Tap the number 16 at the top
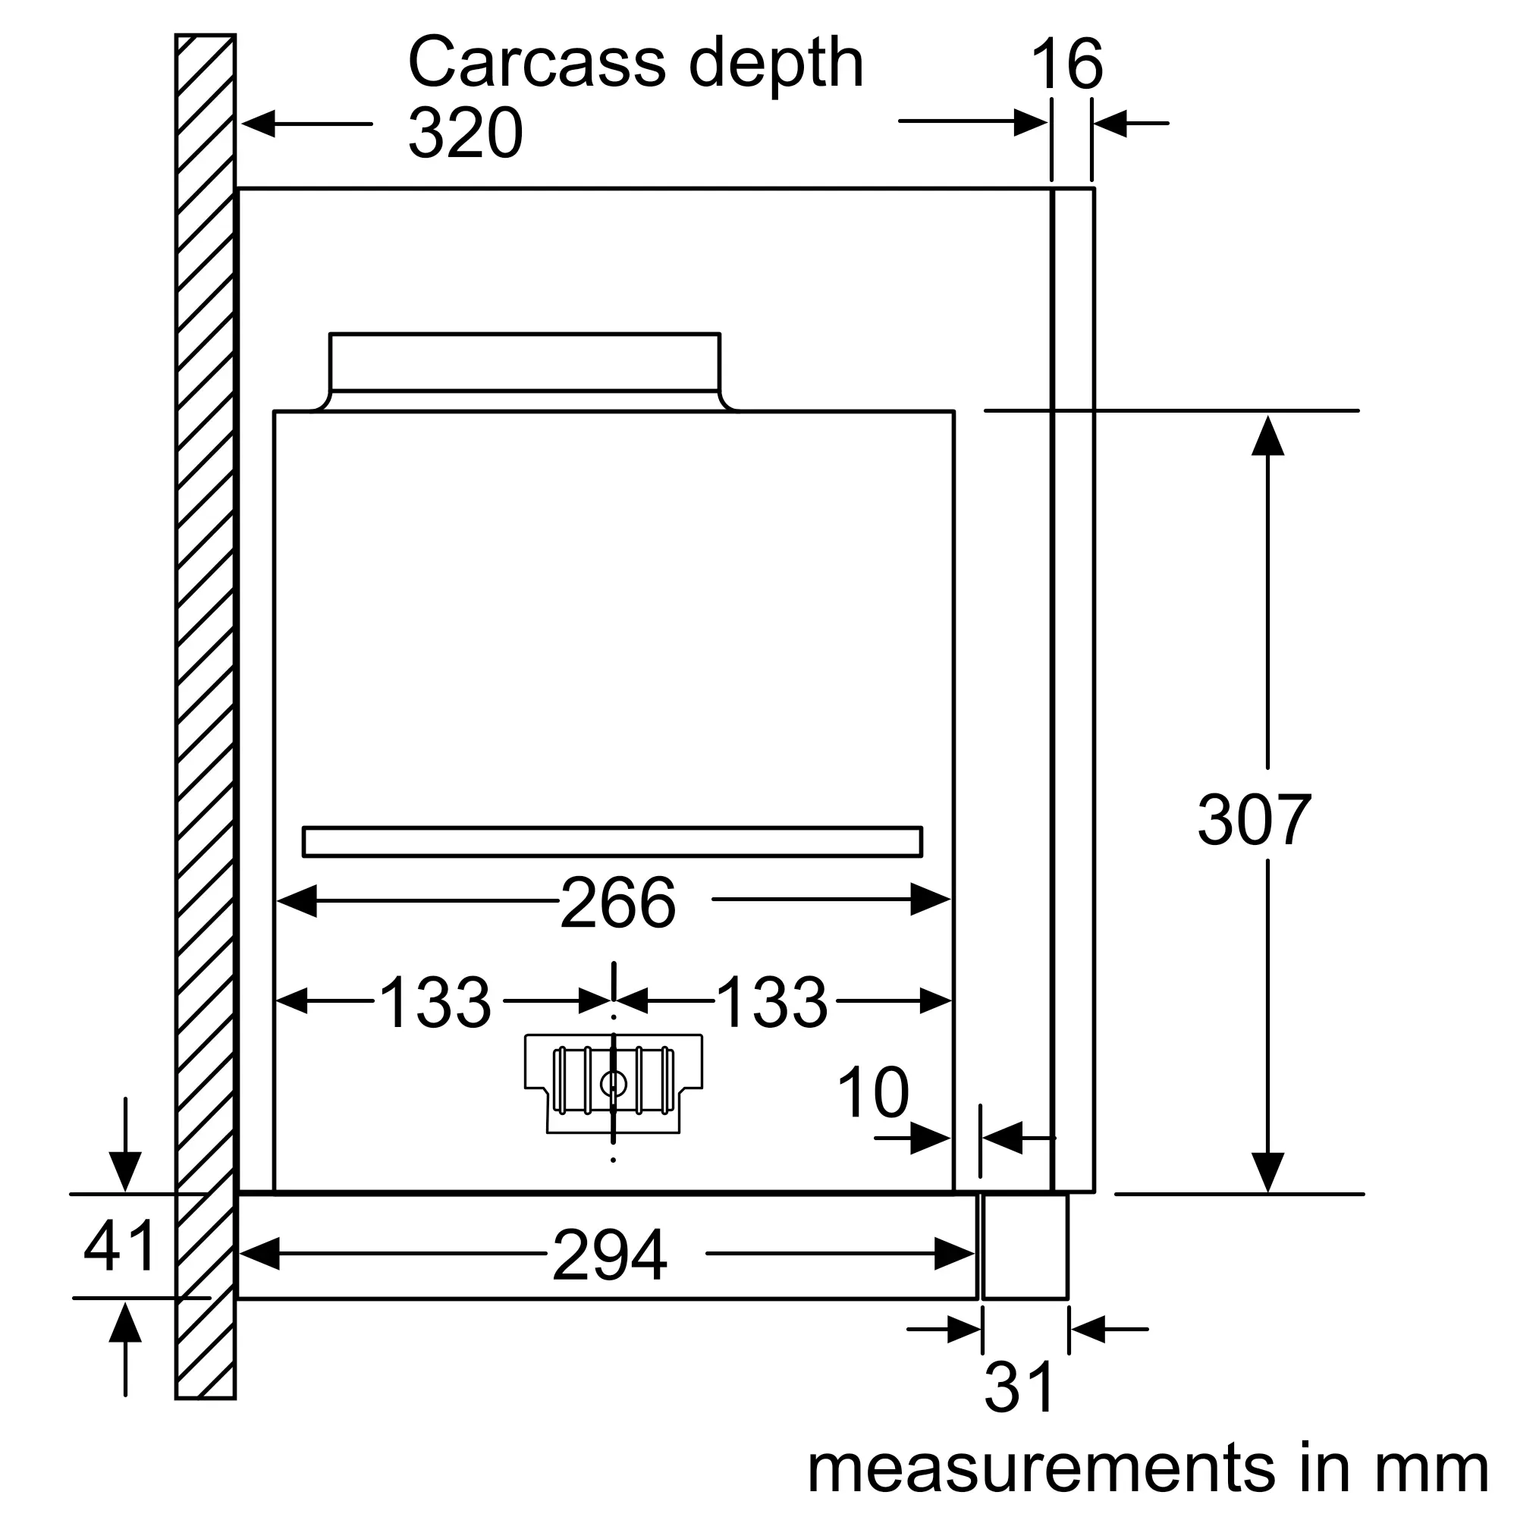coord(1066,64)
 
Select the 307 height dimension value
coord(1254,820)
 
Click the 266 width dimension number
coord(617,903)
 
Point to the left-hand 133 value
coord(434,1002)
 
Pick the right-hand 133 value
coord(772,1002)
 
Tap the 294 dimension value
coord(609,1255)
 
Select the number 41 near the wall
coord(119,1246)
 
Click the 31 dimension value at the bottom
coord(1019,1387)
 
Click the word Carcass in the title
coord(537,63)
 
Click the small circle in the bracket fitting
coord(613,1085)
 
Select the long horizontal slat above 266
coord(612,842)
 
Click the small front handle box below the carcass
coord(1025,1246)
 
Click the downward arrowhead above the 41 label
coord(125,1172)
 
